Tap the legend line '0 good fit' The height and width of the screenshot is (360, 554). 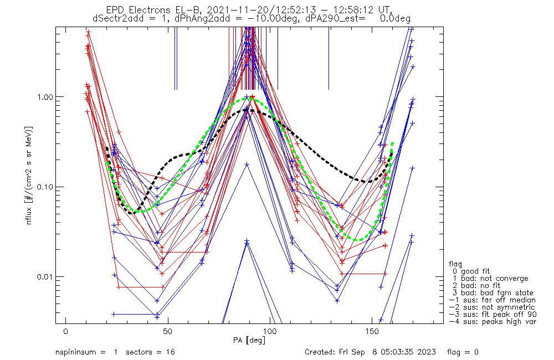[x=470, y=271]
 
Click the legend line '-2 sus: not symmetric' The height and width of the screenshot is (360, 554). [x=492, y=307]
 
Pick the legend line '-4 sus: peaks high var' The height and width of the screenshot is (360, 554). [x=493, y=322]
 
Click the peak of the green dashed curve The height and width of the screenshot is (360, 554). [x=253, y=99]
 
